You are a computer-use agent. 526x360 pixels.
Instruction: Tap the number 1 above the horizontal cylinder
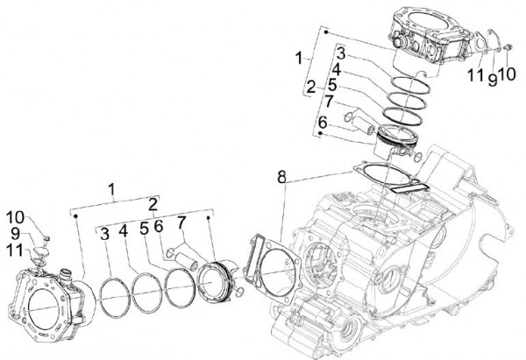tap(111, 188)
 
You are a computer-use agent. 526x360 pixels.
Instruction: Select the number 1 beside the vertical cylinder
tap(300, 59)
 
